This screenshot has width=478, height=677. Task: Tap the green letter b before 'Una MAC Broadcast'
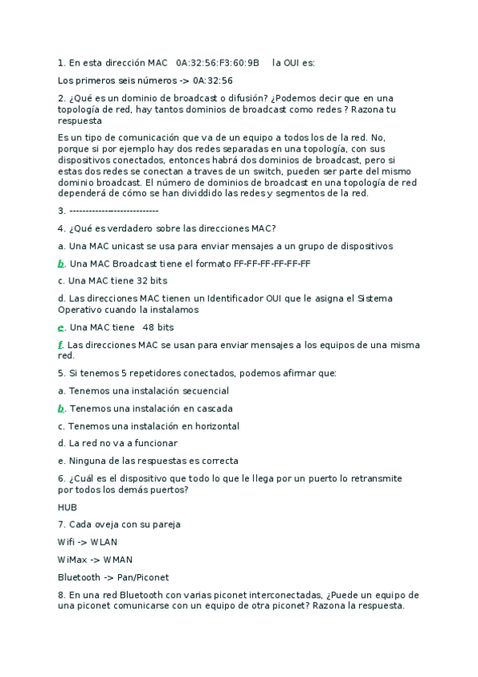tap(61, 263)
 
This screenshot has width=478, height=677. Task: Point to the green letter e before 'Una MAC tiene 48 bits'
tap(61, 327)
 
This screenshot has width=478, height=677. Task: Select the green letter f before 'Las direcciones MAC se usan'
tap(61, 345)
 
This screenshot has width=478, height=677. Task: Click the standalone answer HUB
tap(69, 507)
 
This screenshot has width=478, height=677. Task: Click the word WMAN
tap(118, 560)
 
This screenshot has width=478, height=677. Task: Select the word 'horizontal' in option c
tap(211, 426)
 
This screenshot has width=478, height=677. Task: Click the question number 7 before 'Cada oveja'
tap(61, 525)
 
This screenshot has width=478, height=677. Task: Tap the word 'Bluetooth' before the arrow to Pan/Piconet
tap(80, 577)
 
